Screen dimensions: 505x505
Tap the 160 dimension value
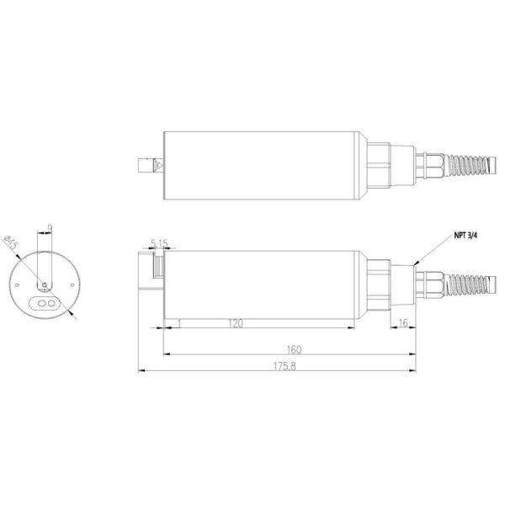click(294, 348)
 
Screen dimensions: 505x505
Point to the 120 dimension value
click(235, 323)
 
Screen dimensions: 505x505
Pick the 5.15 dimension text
click(159, 243)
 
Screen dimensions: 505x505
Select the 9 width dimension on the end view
click(50, 227)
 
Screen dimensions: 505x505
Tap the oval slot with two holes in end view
click(46, 300)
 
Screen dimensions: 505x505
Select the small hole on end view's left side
click(16, 285)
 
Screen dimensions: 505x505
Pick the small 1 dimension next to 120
click(179, 323)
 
